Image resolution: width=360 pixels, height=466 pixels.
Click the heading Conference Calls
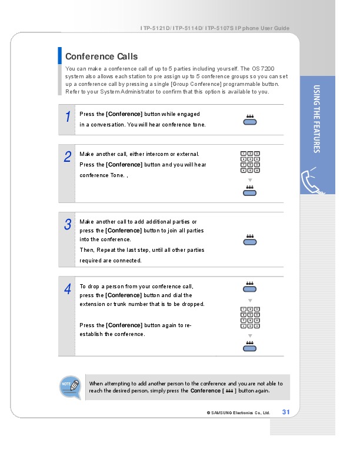(101, 56)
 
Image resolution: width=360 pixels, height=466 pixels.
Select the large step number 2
(68, 157)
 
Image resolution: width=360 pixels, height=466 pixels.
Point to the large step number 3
(68, 224)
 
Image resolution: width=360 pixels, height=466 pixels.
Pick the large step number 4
(68, 289)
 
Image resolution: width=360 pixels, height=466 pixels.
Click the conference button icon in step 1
(250, 121)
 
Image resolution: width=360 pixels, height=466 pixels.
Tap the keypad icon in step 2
(250, 162)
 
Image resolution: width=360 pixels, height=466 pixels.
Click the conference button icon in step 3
(250, 240)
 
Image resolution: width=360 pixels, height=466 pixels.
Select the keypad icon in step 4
(250, 318)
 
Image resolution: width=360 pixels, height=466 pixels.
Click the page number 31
(286, 412)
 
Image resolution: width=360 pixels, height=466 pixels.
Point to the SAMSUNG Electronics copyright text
(238, 412)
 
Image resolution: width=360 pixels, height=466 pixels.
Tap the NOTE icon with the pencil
(70, 387)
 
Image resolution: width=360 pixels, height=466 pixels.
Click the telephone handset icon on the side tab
(314, 180)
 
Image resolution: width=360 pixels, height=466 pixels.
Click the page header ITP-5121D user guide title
(215, 29)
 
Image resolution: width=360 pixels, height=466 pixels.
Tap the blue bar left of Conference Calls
(60, 55)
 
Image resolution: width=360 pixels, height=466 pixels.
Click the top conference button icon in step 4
(250, 287)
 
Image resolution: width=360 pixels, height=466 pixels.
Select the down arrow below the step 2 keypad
(250, 179)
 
